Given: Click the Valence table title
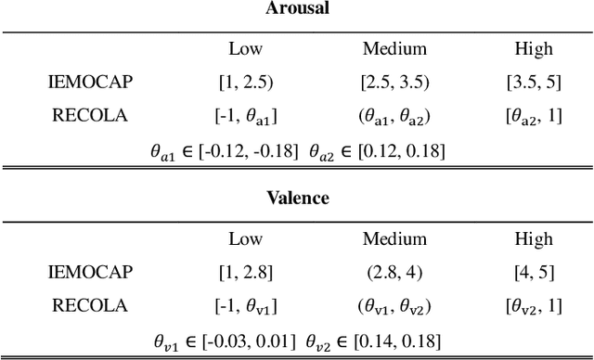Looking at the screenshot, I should (x=297, y=198).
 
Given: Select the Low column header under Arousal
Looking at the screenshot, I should (x=245, y=49).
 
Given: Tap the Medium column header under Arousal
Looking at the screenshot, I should (x=394, y=49).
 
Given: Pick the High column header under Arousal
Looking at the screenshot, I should (x=533, y=49).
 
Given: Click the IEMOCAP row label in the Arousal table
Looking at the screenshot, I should (x=90, y=83).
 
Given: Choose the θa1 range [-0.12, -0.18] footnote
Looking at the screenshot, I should (x=224, y=150).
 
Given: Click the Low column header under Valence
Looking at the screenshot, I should (x=245, y=238).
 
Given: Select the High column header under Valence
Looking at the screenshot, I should (x=533, y=238).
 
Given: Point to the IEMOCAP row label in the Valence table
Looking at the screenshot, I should (x=90, y=272).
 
